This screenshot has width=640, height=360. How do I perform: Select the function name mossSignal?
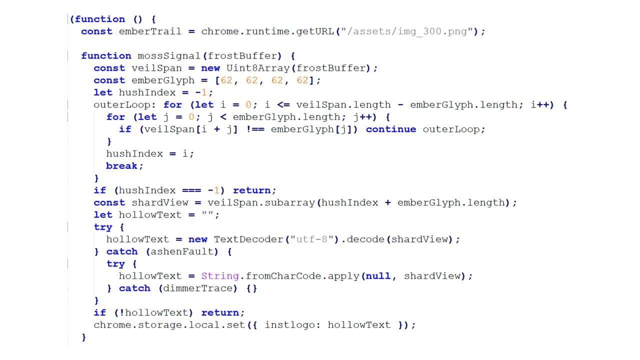[169, 55]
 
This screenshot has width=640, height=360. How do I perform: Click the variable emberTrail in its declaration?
[150, 31]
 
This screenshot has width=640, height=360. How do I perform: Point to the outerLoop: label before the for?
[125, 105]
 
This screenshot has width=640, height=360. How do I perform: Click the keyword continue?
[391, 129]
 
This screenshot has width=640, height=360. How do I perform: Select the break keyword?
[121, 166]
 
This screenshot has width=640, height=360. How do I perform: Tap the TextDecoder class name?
[248, 239]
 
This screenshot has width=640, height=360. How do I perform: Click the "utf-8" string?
[311, 239]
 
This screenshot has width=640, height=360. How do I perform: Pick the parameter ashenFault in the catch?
[181, 251]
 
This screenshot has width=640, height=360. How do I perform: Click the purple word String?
[220, 276]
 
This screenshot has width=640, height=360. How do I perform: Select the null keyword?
[378, 276]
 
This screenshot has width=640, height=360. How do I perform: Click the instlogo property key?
[289, 325]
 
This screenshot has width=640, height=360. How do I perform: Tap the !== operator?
[254, 129]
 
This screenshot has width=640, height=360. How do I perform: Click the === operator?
[191, 190]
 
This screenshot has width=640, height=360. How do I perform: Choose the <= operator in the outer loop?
[283, 105]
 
